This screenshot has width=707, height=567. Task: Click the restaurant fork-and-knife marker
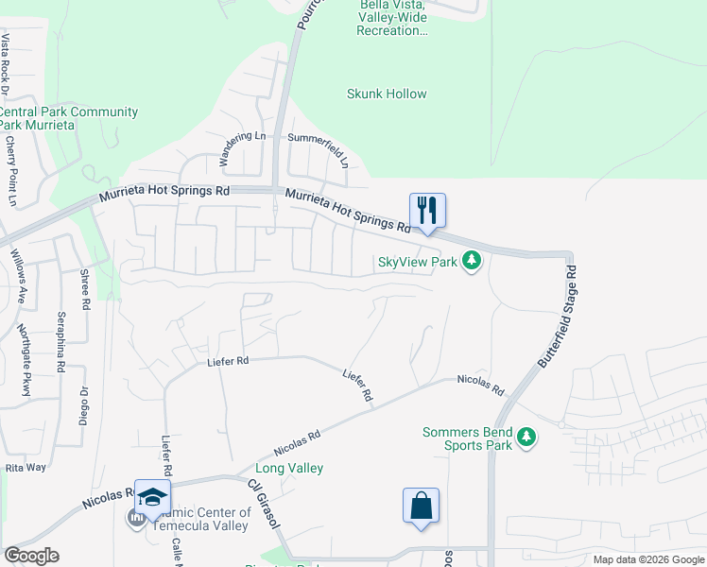427,211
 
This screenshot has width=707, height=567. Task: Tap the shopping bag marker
421,506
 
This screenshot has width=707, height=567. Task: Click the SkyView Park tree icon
472,262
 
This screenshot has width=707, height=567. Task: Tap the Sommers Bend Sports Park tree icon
526,438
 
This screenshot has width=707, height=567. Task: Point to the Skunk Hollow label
387,94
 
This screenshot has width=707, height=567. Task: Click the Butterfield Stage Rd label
557,317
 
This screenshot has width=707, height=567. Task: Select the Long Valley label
289,468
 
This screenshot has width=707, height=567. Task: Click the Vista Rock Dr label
5,65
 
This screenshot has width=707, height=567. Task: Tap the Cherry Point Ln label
11,171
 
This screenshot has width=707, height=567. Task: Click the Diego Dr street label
83,407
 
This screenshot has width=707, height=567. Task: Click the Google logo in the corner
31,556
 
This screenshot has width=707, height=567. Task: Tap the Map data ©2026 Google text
647,559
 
